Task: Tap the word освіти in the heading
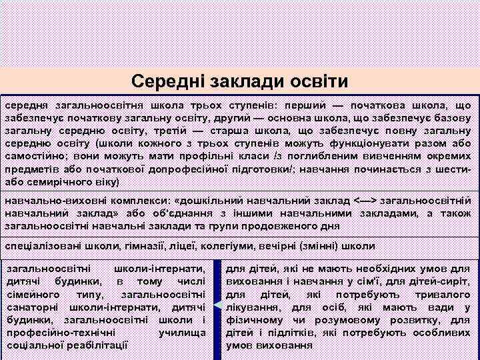pyautogui.click(x=319, y=81)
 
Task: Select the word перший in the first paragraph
pyautogui.click(x=307, y=105)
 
